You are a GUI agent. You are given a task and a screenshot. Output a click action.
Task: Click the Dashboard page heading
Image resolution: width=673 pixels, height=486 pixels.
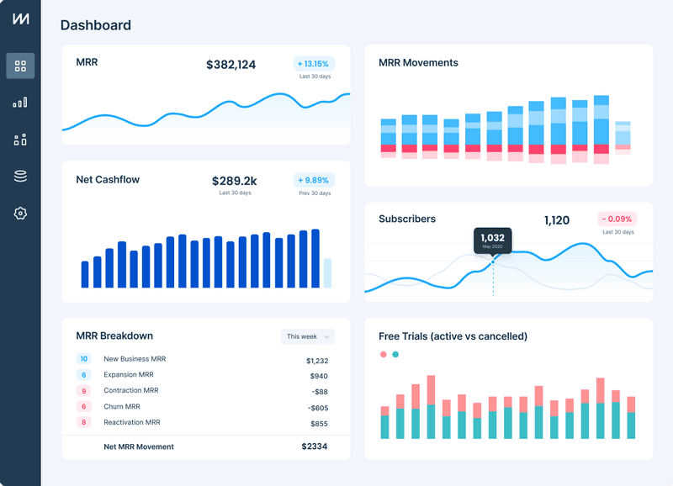coord(95,25)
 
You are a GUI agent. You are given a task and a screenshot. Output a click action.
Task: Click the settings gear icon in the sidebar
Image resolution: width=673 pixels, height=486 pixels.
coord(20,214)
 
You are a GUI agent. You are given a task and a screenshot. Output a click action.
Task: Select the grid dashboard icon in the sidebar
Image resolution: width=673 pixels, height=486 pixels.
coord(20,66)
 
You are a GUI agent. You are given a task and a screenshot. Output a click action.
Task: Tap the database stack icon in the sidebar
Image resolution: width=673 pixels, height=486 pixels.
coord(20,177)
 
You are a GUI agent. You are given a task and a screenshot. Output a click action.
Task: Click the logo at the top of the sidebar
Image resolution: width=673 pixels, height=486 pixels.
coord(20,19)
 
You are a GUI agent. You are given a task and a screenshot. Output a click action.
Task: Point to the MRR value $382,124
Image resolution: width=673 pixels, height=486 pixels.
coord(231,65)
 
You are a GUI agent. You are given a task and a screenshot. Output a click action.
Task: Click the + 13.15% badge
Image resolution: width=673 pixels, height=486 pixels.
coord(314,64)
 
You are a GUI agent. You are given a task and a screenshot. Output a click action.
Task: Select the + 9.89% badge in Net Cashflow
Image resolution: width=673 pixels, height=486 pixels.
coord(314,180)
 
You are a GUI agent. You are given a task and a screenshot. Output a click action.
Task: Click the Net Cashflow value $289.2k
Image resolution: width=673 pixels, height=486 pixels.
coord(234,181)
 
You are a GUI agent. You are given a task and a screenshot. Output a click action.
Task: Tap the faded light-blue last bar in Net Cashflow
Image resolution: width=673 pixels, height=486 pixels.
coord(327,273)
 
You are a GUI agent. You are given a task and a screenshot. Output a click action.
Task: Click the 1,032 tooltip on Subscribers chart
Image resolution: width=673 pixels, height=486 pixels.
coord(492,240)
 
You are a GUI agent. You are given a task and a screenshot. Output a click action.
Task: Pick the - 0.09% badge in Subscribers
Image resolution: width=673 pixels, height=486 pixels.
coord(617,219)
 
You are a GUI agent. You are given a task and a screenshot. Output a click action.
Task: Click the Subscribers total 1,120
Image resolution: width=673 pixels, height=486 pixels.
coord(556,220)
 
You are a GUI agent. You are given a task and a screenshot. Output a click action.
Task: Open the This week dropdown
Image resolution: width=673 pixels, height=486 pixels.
coord(307,336)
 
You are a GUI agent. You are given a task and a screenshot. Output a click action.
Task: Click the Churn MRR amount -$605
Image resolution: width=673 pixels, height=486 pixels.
coord(317,408)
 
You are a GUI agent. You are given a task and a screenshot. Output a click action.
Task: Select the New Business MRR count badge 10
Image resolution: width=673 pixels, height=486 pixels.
coord(83,359)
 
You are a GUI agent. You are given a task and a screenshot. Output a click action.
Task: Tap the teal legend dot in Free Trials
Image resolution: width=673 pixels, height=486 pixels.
coord(395,355)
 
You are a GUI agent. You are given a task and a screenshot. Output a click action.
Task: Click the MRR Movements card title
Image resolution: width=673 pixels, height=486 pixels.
coord(418,63)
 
